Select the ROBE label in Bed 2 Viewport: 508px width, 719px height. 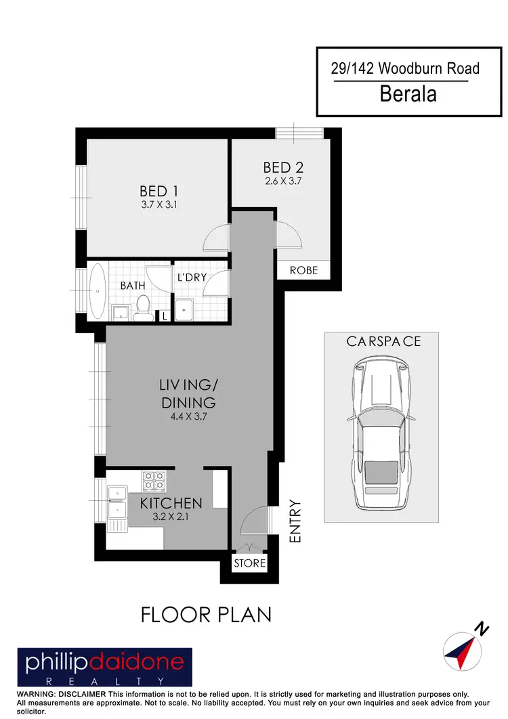(x=303, y=270)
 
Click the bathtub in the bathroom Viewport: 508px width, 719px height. (x=98, y=292)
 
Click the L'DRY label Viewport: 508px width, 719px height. (x=192, y=278)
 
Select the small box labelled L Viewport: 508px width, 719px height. (x=164, y=315)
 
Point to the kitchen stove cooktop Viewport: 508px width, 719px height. (x=153, y=481)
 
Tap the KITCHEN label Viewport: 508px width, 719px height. (x=171, y=503)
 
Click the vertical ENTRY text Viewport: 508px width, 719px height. (x=295, y=521)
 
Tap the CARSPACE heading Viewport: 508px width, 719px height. (x=383, y=341)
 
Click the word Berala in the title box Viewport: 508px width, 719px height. (x=408, y=94)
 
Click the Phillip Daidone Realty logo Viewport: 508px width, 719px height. (x=105, y=668)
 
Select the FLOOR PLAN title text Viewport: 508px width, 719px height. (x=206, y=614)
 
